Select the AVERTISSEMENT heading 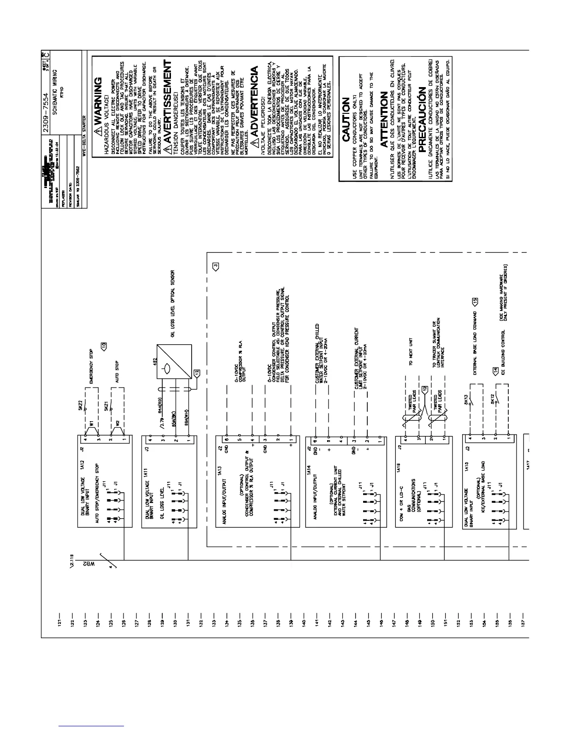click(168, 101)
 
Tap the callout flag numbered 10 click(104, 345)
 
